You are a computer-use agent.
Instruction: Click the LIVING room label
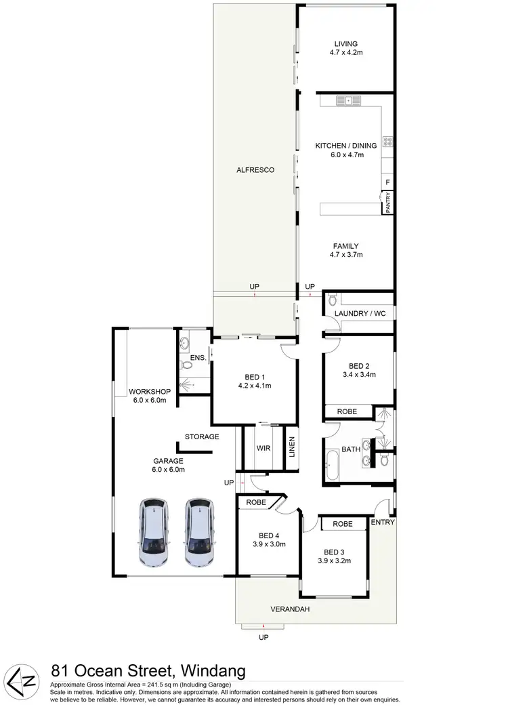click(x=346, y=44)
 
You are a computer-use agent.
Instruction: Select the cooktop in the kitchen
click(x=389, y=142)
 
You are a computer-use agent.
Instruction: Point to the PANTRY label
click(x=389, y=203)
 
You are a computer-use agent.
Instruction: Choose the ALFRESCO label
click(x=255, y=170)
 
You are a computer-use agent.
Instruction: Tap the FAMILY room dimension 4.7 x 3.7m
click(x=346, y=256)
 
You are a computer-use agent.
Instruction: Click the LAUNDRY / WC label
click(x=360, y=314)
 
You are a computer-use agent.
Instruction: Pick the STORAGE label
click(x=202, y=436)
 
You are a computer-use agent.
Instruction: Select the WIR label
click(x=263, y=448)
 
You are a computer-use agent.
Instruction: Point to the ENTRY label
click(x=383, y=522)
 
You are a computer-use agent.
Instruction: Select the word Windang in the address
click(x=211, y=672)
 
